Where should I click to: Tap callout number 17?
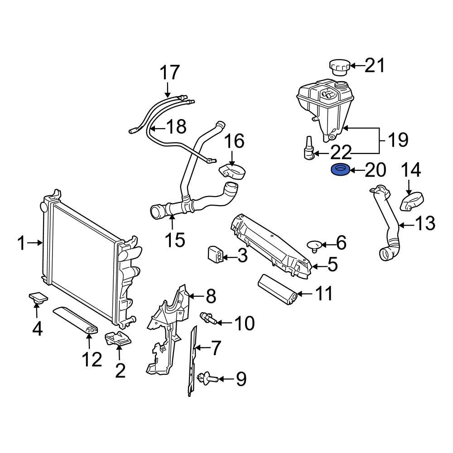click(x=169, y=72)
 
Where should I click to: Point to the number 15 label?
click(x=175, y=240)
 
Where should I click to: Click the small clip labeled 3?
click(x=215, y=255)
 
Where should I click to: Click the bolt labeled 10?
click(x=209, y=318)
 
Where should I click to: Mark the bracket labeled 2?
click(x=117, y=339)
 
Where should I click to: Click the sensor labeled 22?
click(x=309, y=149)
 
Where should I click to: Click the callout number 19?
click(x=398, y=140)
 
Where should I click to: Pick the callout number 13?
click(x=424, y=224)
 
